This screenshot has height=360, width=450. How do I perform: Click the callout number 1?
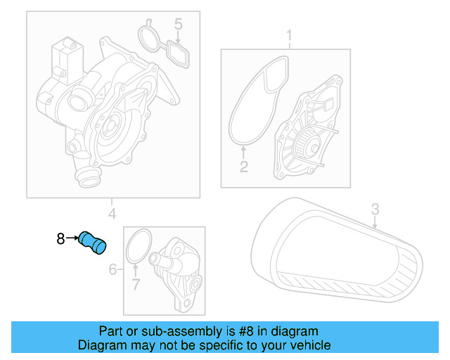pyautogui.click(x=288, y=34)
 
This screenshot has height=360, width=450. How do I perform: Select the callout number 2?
pyautogui.click(x=244, y=167)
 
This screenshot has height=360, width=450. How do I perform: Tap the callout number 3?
pyautogui.click(x=375, y=208)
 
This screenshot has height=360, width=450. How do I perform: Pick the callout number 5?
pyautogui.click(x=179, y=25)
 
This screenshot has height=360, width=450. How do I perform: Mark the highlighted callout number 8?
pyautogui.click(x=61, y=239)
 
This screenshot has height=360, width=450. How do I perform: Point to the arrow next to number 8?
pyautogui.click(x=72, y=239)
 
